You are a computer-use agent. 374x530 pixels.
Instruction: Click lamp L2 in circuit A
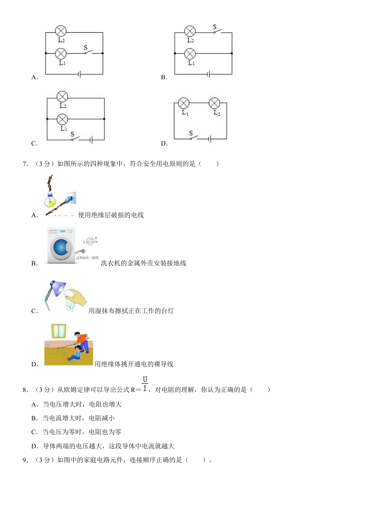point(61,31)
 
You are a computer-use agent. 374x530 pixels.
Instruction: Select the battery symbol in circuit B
point(208,74)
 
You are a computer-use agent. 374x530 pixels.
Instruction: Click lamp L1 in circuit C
point(62,119)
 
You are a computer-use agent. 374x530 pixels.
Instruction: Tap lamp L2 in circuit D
point(214,103)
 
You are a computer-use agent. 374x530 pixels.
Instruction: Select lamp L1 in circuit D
point(184,103)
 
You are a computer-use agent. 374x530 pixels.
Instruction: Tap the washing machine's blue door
point(61,247)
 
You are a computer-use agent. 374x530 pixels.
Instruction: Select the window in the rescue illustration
point(59,331)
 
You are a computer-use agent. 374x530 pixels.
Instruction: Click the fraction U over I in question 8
point(145,384)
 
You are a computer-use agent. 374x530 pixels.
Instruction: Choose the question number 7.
point(25,164)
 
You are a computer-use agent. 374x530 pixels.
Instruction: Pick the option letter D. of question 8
point(35,446)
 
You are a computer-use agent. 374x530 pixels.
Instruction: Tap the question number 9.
point(25,460)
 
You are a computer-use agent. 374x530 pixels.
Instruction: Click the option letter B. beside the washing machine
point(35,263)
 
